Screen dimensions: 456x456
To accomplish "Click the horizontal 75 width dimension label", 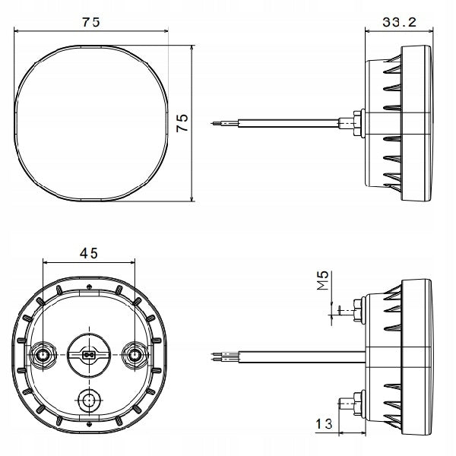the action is [91, 22].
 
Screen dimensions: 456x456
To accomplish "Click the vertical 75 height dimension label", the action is [182, 123].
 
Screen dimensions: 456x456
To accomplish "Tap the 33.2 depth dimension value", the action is [399, 22].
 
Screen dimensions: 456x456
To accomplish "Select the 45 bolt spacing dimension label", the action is [89, 253].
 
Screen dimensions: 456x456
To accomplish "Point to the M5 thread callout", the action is [322, 280].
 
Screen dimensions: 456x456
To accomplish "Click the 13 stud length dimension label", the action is [324, 424].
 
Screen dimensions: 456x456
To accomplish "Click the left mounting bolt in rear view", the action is [43, 355].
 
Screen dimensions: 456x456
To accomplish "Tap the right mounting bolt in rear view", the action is [135, 355].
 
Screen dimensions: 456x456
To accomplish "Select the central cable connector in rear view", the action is [89, 355].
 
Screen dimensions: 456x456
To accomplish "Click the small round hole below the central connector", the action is [88, 401].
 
